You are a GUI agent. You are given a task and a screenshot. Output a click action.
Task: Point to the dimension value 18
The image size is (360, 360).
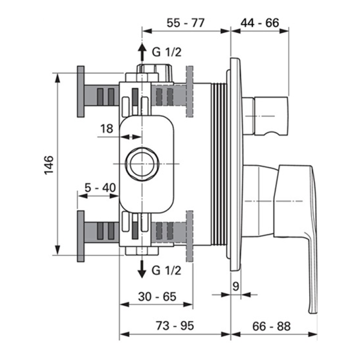click(107, 128)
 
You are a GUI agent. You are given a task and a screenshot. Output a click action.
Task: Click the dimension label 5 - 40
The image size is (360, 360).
click(100, 188)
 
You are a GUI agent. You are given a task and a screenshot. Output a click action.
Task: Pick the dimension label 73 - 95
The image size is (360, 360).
click(175, 326)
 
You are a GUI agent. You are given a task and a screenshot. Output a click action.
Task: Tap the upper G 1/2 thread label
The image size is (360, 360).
click(166, 52)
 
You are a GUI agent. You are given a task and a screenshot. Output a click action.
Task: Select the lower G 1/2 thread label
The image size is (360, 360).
click(166, 269)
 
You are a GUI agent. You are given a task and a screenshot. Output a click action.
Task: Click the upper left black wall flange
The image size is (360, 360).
click(81, 94)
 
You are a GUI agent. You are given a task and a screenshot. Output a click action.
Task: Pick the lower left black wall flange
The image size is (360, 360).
click(81, 235)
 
